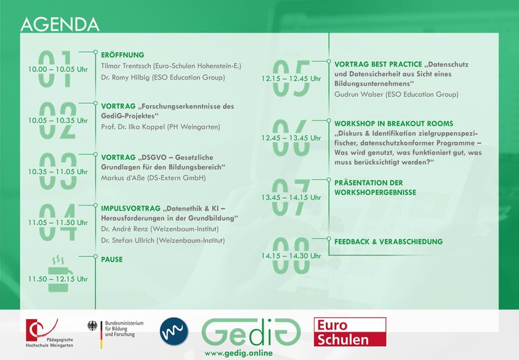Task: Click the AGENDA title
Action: [60, 24]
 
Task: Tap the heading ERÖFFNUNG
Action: [122, 55]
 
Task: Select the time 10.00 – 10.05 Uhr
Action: [58, 70]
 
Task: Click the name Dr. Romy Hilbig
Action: [127, 78]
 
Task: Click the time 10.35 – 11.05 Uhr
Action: [58, 171]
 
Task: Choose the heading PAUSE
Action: [112, 260]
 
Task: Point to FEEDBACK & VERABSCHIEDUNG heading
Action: [388, 242]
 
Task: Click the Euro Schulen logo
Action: [349, 332]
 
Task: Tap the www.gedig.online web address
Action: [239, 353]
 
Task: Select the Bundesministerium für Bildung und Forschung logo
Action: [111, 330]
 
